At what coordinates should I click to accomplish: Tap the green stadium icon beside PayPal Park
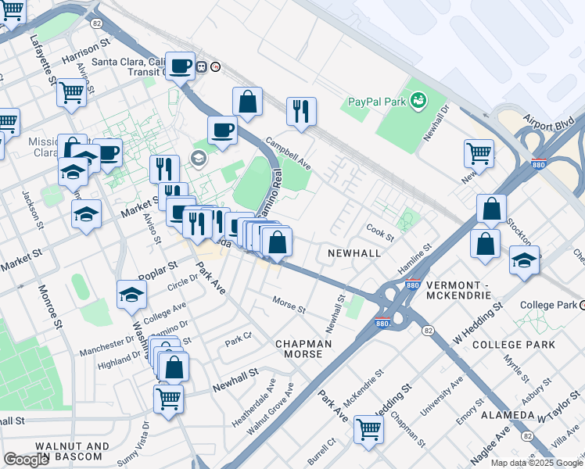tap(419, 100)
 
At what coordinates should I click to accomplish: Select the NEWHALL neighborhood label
tap(354, 253)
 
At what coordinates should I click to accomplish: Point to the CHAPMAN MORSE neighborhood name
tap(303, 349)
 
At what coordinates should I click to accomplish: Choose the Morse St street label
tap(289, 303)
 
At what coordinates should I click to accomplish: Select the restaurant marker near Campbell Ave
tap(300, 111)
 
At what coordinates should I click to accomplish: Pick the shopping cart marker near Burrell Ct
tap(368, 428)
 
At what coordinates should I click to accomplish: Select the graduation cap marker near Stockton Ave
tap(524, 261)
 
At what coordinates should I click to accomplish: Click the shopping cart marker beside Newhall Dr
tap(479, 152)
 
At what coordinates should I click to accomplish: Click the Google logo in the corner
tap(27, 460)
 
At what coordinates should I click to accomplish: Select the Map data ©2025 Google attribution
tap(537, 463)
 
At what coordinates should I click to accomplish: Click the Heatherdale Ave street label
tap(249, 403)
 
